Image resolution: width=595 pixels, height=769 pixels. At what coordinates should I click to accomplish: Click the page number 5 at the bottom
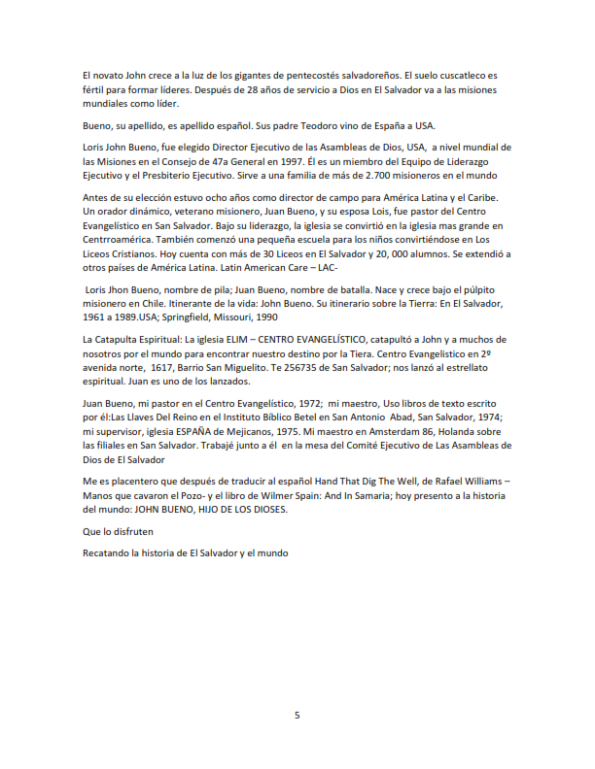coord(297,715)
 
